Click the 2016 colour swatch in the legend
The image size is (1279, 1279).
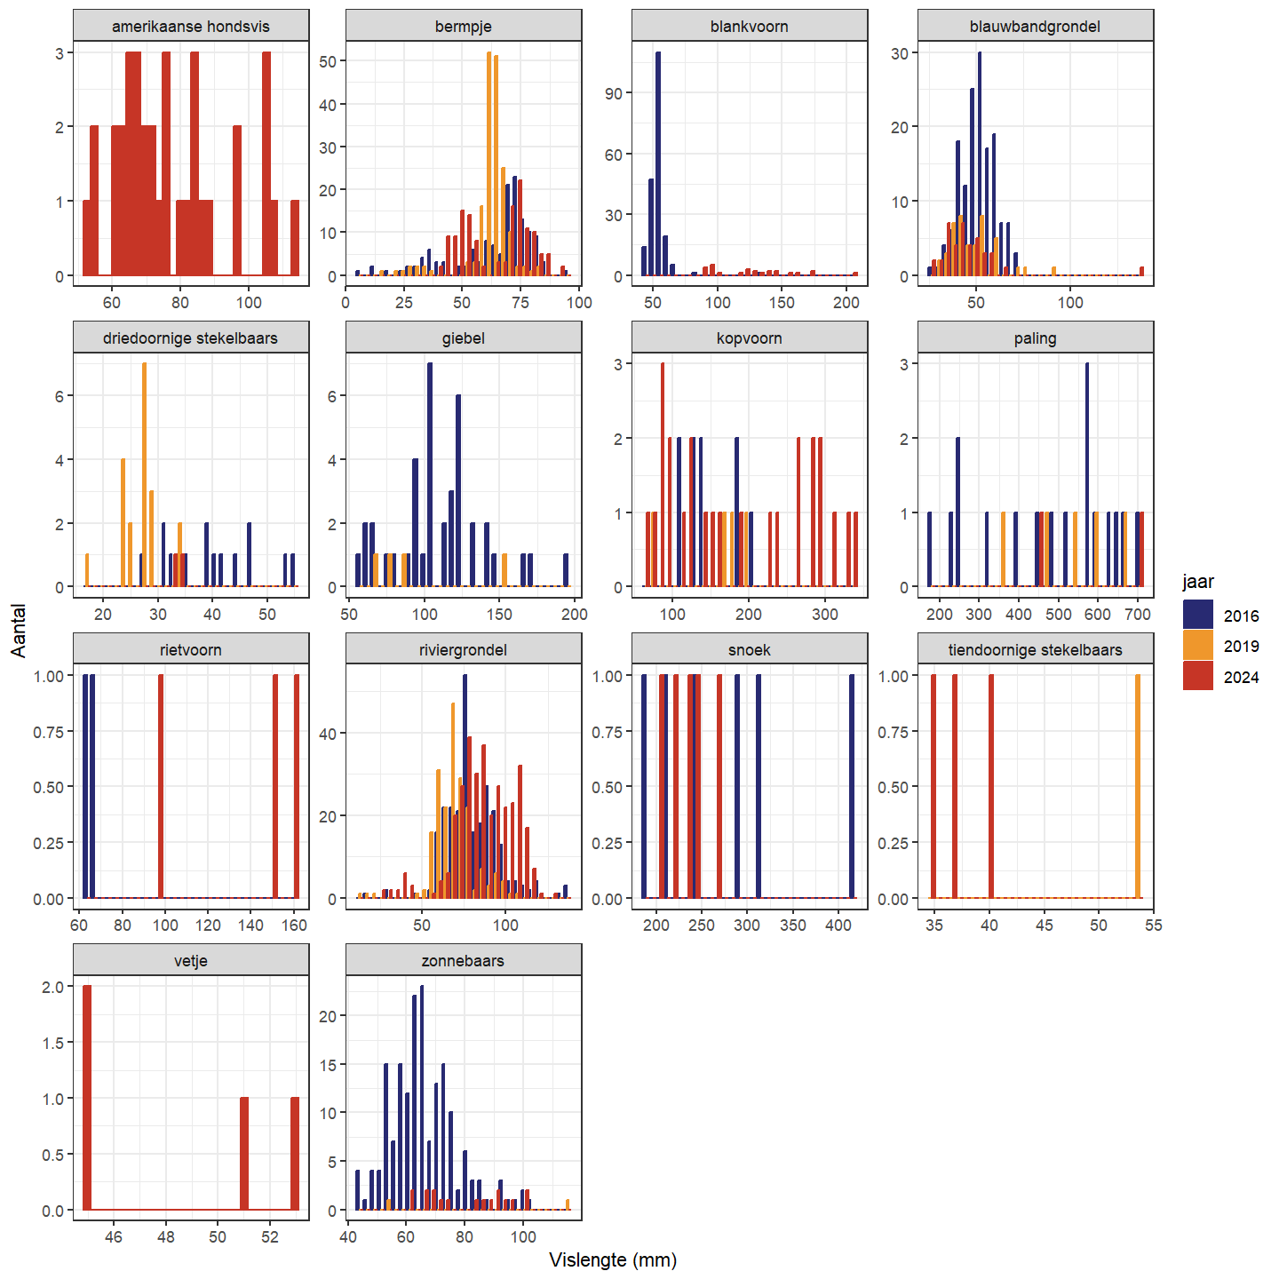coord(1197,616)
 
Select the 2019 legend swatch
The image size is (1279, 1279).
coord(1197,646)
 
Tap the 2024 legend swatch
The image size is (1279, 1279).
coord(1197,677)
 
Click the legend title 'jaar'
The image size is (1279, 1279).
coord(1198,582)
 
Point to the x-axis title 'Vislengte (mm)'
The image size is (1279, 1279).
coord(613,1259)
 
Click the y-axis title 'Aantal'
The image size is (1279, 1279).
coord(20,631)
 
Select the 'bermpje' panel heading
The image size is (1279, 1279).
coord(464,27)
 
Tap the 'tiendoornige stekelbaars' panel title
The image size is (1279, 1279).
coord(1035,650)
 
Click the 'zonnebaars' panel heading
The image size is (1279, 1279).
coord(464,961)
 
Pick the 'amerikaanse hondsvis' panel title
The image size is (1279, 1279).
coord(191,27)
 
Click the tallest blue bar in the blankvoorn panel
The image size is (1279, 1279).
coord(658,164)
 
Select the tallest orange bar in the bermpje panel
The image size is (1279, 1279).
coord(489,164)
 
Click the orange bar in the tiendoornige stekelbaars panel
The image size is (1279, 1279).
coord(1138,786)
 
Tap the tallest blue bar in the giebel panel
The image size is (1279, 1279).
coord(430,475)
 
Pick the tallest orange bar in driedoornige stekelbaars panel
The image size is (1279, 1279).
coord(145,475)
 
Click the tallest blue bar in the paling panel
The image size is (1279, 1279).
coord(1087,475)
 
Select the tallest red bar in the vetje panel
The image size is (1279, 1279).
coord(87,1098)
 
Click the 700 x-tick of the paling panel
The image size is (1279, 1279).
coord(1138,614)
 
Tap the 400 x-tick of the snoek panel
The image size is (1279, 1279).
coord(838,925)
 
